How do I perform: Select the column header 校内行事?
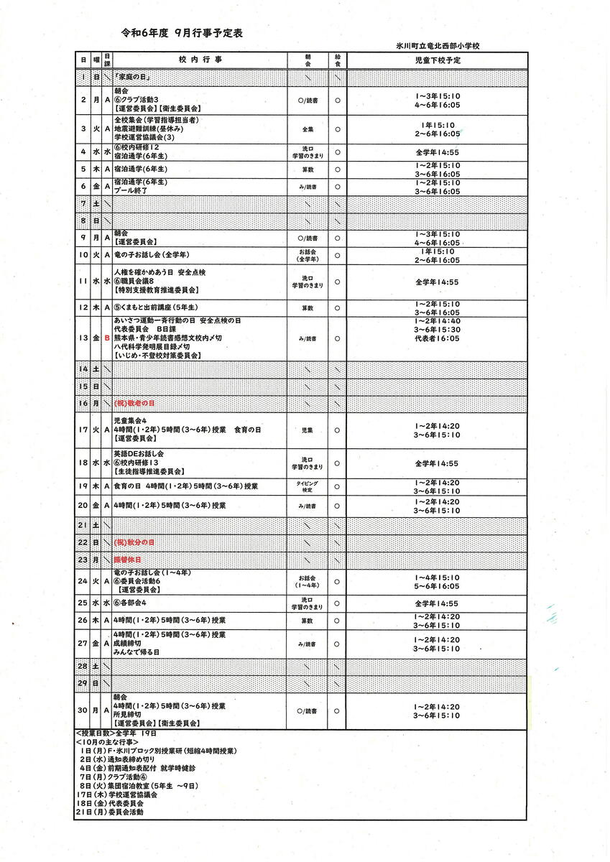(x=198, y=60)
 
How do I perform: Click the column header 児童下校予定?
(x=438, y=60)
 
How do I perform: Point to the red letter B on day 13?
(x=107, y=338)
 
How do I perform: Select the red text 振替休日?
(x=128, y=559)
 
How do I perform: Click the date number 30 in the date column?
(x=84, y=710)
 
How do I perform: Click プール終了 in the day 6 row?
(x=131, y=192)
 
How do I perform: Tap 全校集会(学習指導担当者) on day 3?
(x=156, y=119)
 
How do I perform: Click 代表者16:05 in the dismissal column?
(x=437, y=338)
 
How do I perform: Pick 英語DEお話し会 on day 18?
(x=139, y=454)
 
